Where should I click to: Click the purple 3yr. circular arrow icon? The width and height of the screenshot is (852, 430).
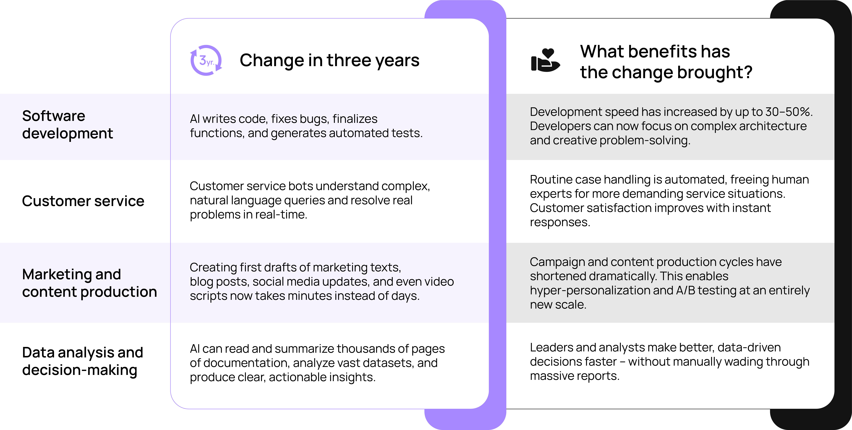206,60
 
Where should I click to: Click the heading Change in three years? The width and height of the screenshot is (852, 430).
329,60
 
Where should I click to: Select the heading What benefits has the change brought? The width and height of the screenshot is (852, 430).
666,62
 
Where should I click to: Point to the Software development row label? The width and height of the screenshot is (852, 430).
67,124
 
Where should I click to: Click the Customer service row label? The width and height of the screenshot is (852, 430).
83,201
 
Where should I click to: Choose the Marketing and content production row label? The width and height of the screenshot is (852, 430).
89,283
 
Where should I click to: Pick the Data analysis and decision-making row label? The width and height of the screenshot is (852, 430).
82,361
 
